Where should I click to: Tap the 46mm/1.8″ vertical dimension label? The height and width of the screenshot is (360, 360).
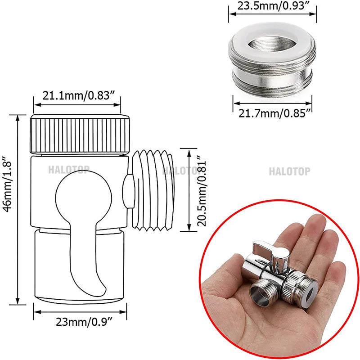[8, 209]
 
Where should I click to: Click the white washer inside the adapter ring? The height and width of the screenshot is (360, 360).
[272, 45]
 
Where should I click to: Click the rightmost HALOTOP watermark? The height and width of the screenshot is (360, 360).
[289, 171]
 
